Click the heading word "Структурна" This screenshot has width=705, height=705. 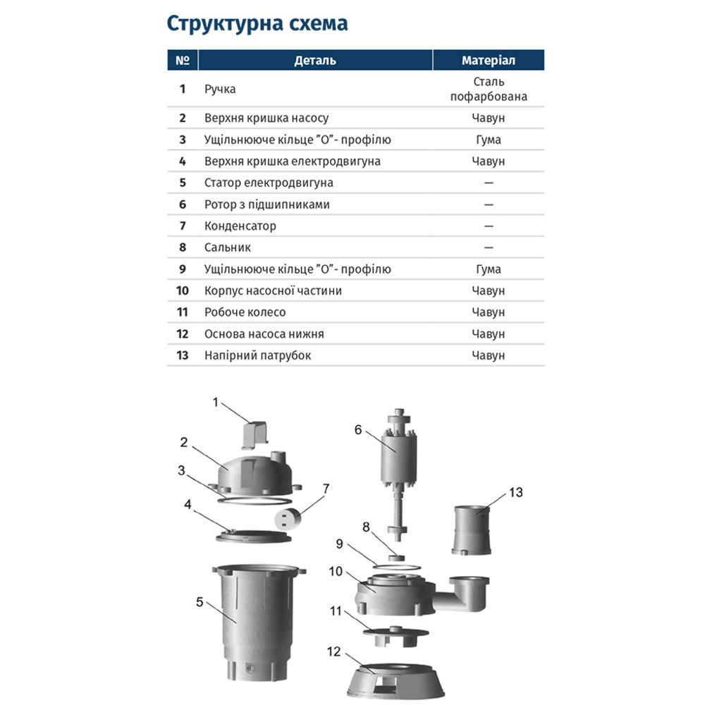[211, 23]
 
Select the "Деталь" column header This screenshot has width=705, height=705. [314, 61]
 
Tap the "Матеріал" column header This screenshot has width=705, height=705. [489, 61]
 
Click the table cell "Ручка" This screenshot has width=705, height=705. [220, 90]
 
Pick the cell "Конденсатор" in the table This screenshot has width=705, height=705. [240, 226]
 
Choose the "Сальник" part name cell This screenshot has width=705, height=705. [227, 247]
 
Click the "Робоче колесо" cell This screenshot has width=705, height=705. [245, 312]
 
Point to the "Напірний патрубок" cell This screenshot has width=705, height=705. [257, 355]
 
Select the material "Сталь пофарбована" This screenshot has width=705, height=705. [489, 90]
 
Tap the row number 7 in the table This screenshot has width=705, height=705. [183, 226]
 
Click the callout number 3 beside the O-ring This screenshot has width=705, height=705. [181, 470]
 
